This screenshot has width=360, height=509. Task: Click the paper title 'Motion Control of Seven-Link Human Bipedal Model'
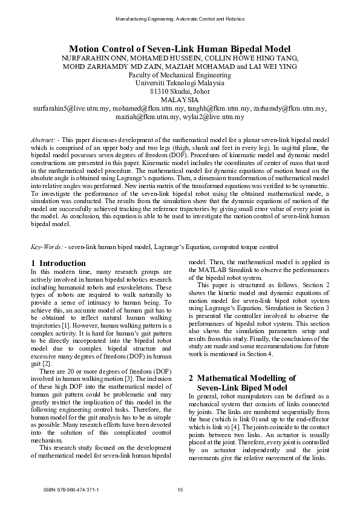(180, 48)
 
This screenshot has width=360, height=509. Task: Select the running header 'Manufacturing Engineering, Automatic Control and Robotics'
(180, 21)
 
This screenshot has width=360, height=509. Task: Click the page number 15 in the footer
(180, 489)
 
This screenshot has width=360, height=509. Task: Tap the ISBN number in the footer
(72, 489)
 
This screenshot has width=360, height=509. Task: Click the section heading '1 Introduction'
(58, 263)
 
